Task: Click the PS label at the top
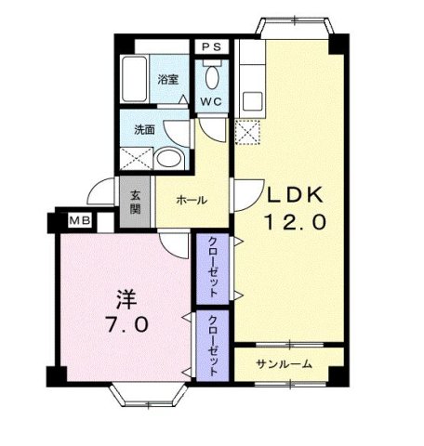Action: [209, 46]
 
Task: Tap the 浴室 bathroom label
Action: [168, 81]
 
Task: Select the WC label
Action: [209, 100]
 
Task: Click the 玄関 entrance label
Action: [135, 202]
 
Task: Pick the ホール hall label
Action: [192, 201]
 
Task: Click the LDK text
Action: [296, 196]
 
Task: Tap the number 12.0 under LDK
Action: [296, 224]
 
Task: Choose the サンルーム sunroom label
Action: [285, 363]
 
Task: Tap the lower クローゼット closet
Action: [213, 345]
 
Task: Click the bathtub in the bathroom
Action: [136, 83]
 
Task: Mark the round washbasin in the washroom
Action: [170, 158]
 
